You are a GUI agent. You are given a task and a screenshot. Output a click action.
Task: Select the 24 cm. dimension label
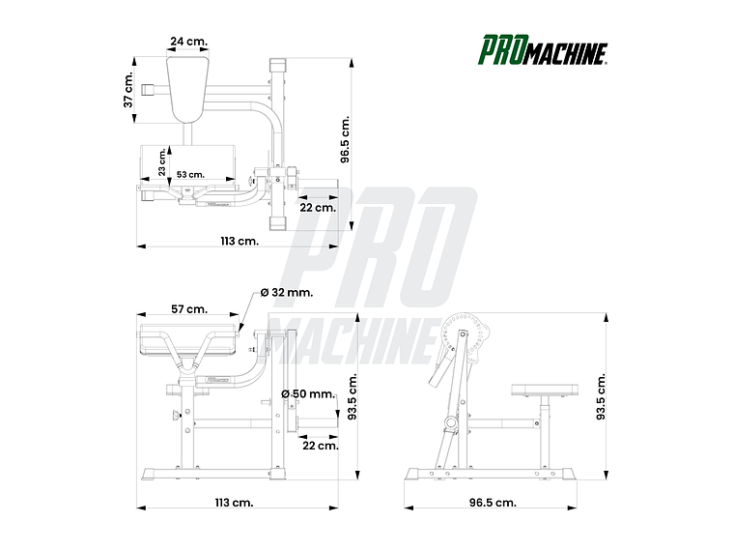pos(188,42)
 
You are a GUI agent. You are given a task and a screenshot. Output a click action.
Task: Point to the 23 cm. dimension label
pos(162,162)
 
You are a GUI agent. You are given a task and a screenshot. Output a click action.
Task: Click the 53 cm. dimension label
pos(189,174)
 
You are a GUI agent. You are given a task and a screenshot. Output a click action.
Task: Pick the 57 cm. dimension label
pos(188,308)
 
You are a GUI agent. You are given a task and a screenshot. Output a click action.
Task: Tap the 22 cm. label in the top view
pos(317,207)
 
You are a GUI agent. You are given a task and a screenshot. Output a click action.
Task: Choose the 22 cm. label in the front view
pos(320,445)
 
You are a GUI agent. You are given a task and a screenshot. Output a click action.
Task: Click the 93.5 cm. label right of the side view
pos(601,396)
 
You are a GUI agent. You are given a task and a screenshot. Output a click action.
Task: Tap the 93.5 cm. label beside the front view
pos(353,397)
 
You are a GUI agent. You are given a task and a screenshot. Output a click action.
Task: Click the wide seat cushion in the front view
pos(188,340)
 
